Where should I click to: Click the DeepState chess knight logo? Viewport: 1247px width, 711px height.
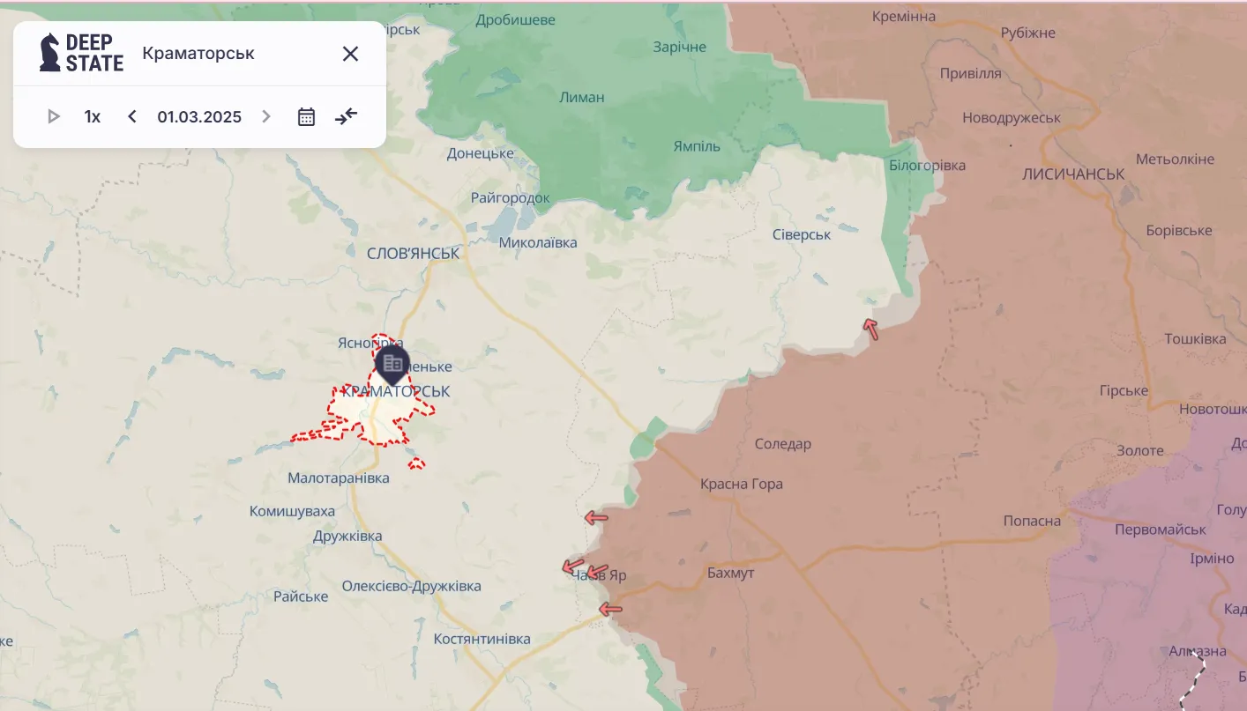(x=50, y=53)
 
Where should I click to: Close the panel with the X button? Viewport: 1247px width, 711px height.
(x=350, y=54)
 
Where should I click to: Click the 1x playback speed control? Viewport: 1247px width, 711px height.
(x=93, y=116)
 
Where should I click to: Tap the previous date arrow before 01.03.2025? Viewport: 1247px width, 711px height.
(x=132, y=116)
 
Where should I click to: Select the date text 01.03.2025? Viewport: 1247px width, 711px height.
(x=199, y=116)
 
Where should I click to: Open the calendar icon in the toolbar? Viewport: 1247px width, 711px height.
(x=306, y=116)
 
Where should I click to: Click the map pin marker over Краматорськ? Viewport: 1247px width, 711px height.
(x=392, y=363)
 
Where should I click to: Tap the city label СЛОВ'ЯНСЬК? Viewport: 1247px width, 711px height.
(x=414, y=253)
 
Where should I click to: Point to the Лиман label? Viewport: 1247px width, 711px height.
(x=582, y=97)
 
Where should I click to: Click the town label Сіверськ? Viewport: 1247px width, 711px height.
(x=802, y=234)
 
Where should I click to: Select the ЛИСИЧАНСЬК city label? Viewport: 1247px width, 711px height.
(x=1073, y=174)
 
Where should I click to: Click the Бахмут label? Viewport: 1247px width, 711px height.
(x=731, y=574)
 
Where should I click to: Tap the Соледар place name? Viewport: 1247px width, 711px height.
(x=783, y=444)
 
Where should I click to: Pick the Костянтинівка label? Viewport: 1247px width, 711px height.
(x=482, y=639)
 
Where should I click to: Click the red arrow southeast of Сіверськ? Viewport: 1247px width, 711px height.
(x=871, y=330)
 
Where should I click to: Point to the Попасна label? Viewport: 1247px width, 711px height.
(x=1032, y=521)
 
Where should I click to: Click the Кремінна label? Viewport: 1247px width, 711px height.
(x=903, y=17)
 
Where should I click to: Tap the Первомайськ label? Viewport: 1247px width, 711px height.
(x=1160, y=530)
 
